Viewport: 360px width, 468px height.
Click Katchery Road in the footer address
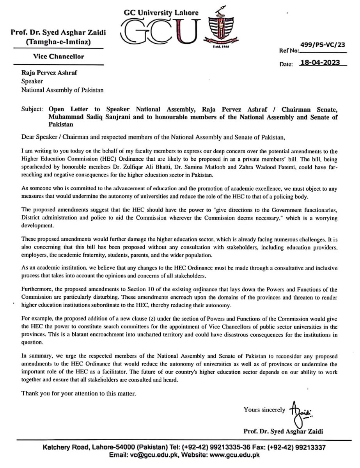point(65,448)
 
